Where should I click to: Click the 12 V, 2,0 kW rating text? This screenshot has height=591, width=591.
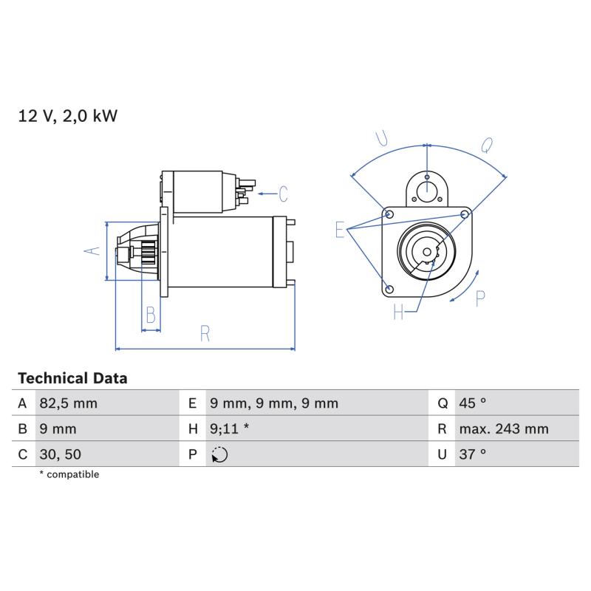click(68, 116)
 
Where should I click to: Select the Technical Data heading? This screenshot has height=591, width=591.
click(72, 378)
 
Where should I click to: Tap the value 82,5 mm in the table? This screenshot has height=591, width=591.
click(68, 403)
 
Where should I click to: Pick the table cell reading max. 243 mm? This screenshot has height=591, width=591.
click(504, 428)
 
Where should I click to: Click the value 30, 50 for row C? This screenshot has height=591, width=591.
click(61, 454)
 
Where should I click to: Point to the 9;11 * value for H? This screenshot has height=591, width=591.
click(229, 428)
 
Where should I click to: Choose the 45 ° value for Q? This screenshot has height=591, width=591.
click(472, 403)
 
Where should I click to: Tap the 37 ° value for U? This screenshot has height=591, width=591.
click(472, 454)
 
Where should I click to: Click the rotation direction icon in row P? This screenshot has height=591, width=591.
click(219, 454)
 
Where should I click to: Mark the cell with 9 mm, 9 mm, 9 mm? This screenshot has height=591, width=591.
click(274, 403)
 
